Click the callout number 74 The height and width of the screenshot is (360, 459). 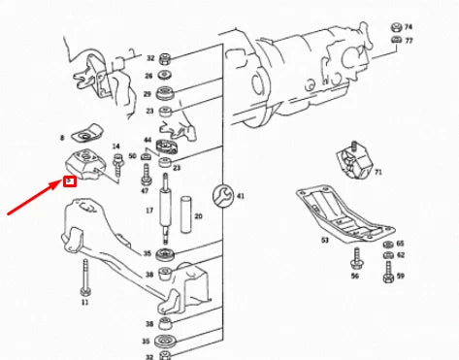(409, 26)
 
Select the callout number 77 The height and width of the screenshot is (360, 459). (409, 41)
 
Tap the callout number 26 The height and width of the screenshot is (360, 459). (148, 75)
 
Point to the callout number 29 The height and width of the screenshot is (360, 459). (148, 94)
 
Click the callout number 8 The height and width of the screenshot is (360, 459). (61, 139)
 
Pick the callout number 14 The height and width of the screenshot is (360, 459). (117, 147)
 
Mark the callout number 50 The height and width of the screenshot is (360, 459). (132, 156)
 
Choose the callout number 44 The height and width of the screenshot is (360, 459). (148, 141)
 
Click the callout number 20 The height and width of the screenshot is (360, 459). (200, 216)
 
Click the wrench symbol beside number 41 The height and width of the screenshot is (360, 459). (224, 195)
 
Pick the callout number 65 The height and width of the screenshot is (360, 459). (400, 245)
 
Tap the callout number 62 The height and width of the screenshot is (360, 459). (400, 255)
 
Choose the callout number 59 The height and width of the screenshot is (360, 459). (400, 277)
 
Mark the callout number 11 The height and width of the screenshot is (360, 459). (84, 303)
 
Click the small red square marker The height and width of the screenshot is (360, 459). (69, 180)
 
